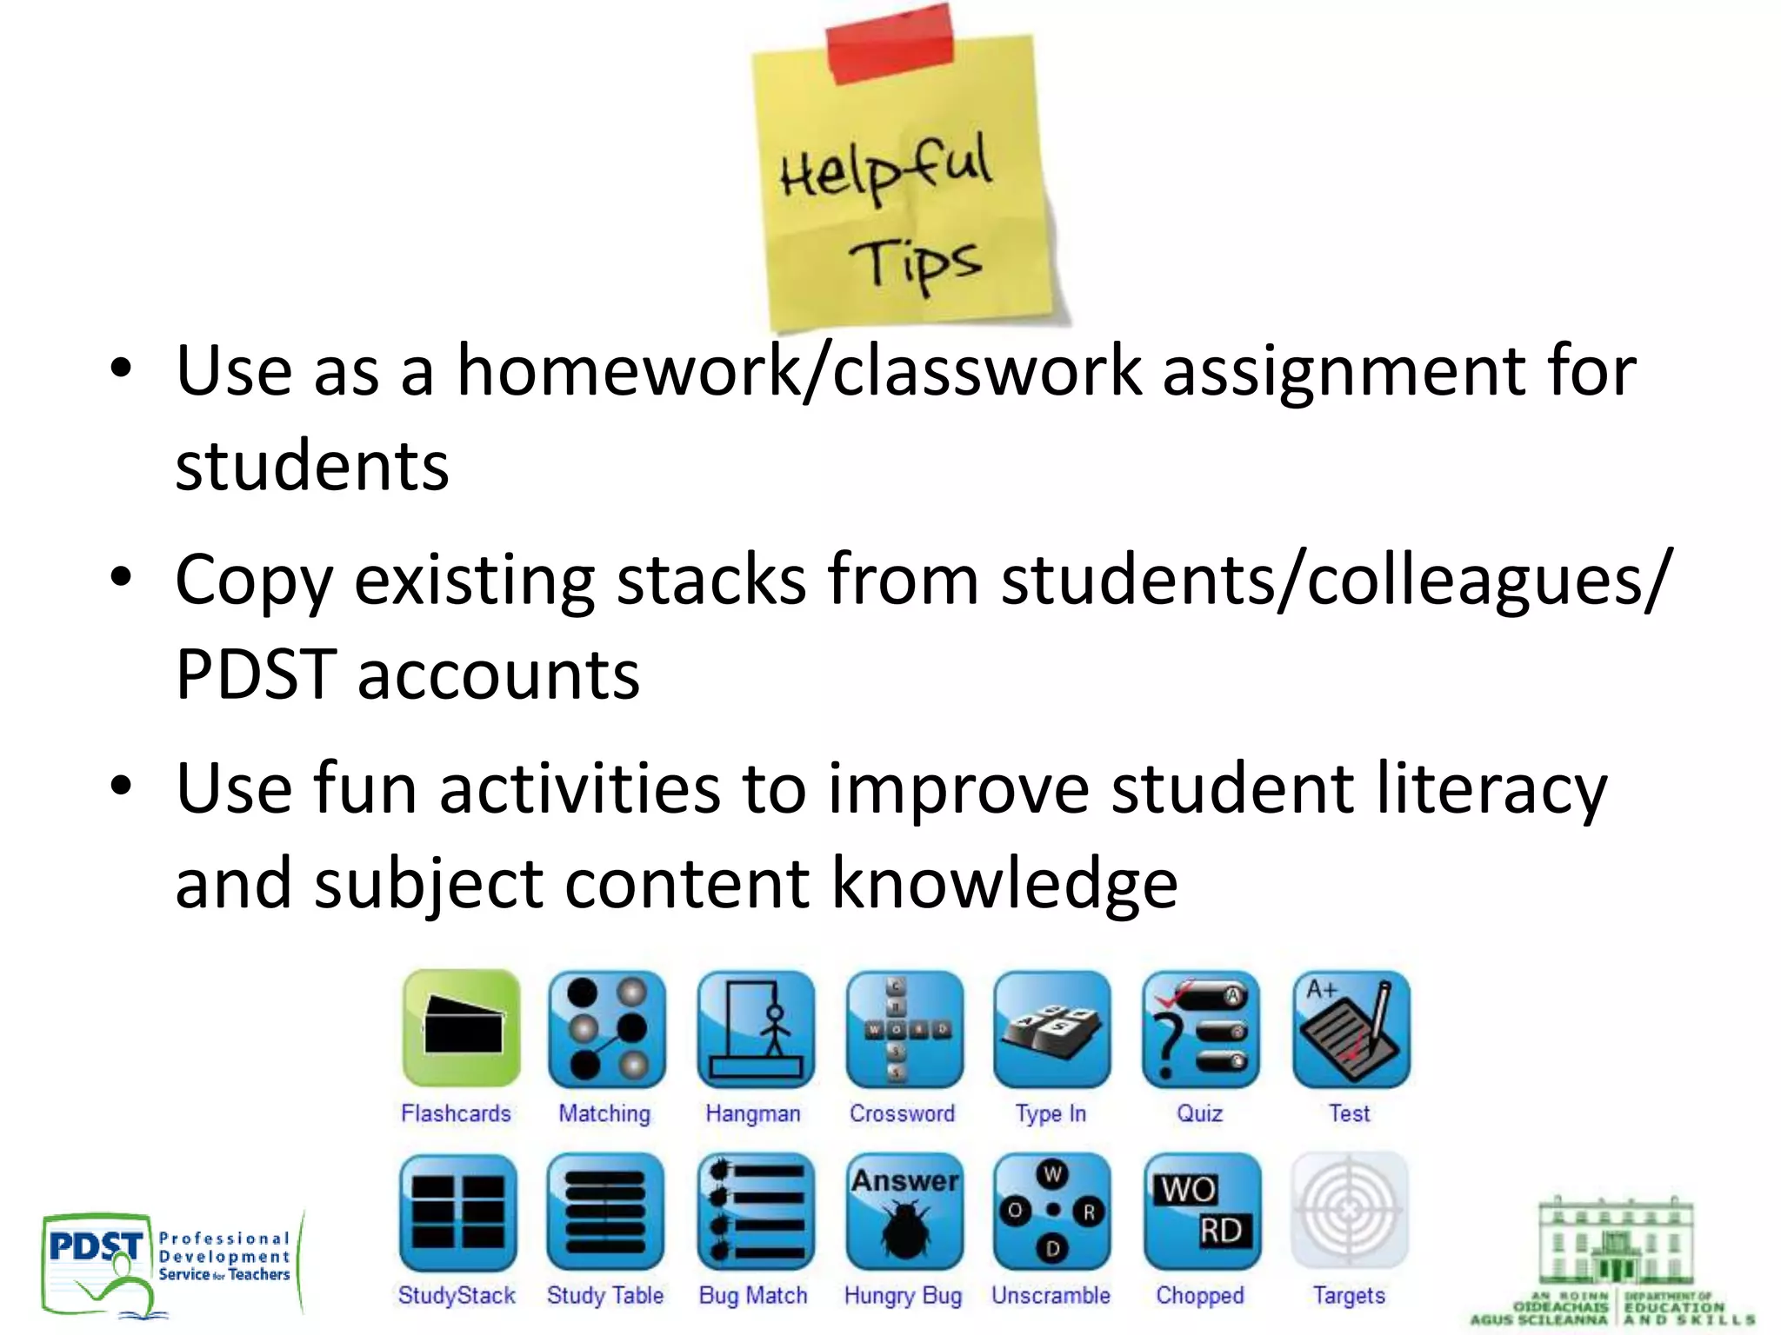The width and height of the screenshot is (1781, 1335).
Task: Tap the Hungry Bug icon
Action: tap(904, 1211)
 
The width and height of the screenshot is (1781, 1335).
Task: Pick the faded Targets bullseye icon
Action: tap(1349, 1211)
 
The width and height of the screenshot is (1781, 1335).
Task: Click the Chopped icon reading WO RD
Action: tap(1201, 1211)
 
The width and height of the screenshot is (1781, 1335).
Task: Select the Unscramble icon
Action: tap(1052, 1211)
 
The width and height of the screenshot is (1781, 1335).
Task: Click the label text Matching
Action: tap(604, 1113)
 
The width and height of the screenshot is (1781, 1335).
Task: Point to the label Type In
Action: tap(1051, 1113)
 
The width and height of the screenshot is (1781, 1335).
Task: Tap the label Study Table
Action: tap(604, 1295)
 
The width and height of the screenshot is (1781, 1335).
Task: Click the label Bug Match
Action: tap(753, 1295)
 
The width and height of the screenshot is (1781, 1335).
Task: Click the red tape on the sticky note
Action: tap(889, 43)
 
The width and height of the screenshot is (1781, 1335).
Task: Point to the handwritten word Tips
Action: tap(915, 263)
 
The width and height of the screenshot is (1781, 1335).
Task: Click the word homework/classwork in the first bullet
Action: tap(799, 371)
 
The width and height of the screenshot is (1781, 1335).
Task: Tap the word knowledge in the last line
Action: tap(1004, 884)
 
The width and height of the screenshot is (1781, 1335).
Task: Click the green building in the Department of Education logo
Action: tap(1615, 1243)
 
